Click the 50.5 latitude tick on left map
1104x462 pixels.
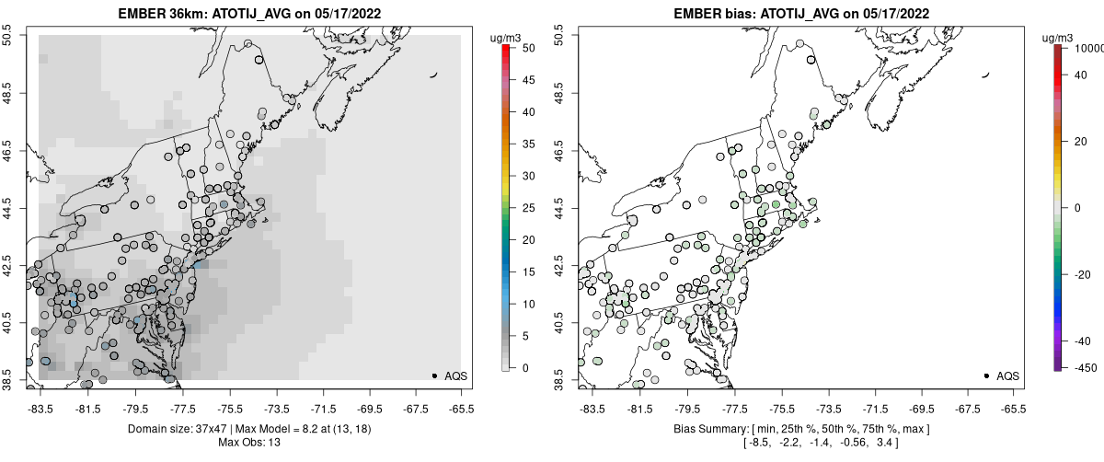pyautogui.click(x=10, y=36)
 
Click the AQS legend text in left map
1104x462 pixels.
pyautogui.click(x=455, y=376)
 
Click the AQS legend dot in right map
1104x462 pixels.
pyautogui.click(x=986, y=375)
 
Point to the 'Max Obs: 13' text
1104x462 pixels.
pyautogui.click(x=249, y=443)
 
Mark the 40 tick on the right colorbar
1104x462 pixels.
pyautogui.click(x=1078, y=76)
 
